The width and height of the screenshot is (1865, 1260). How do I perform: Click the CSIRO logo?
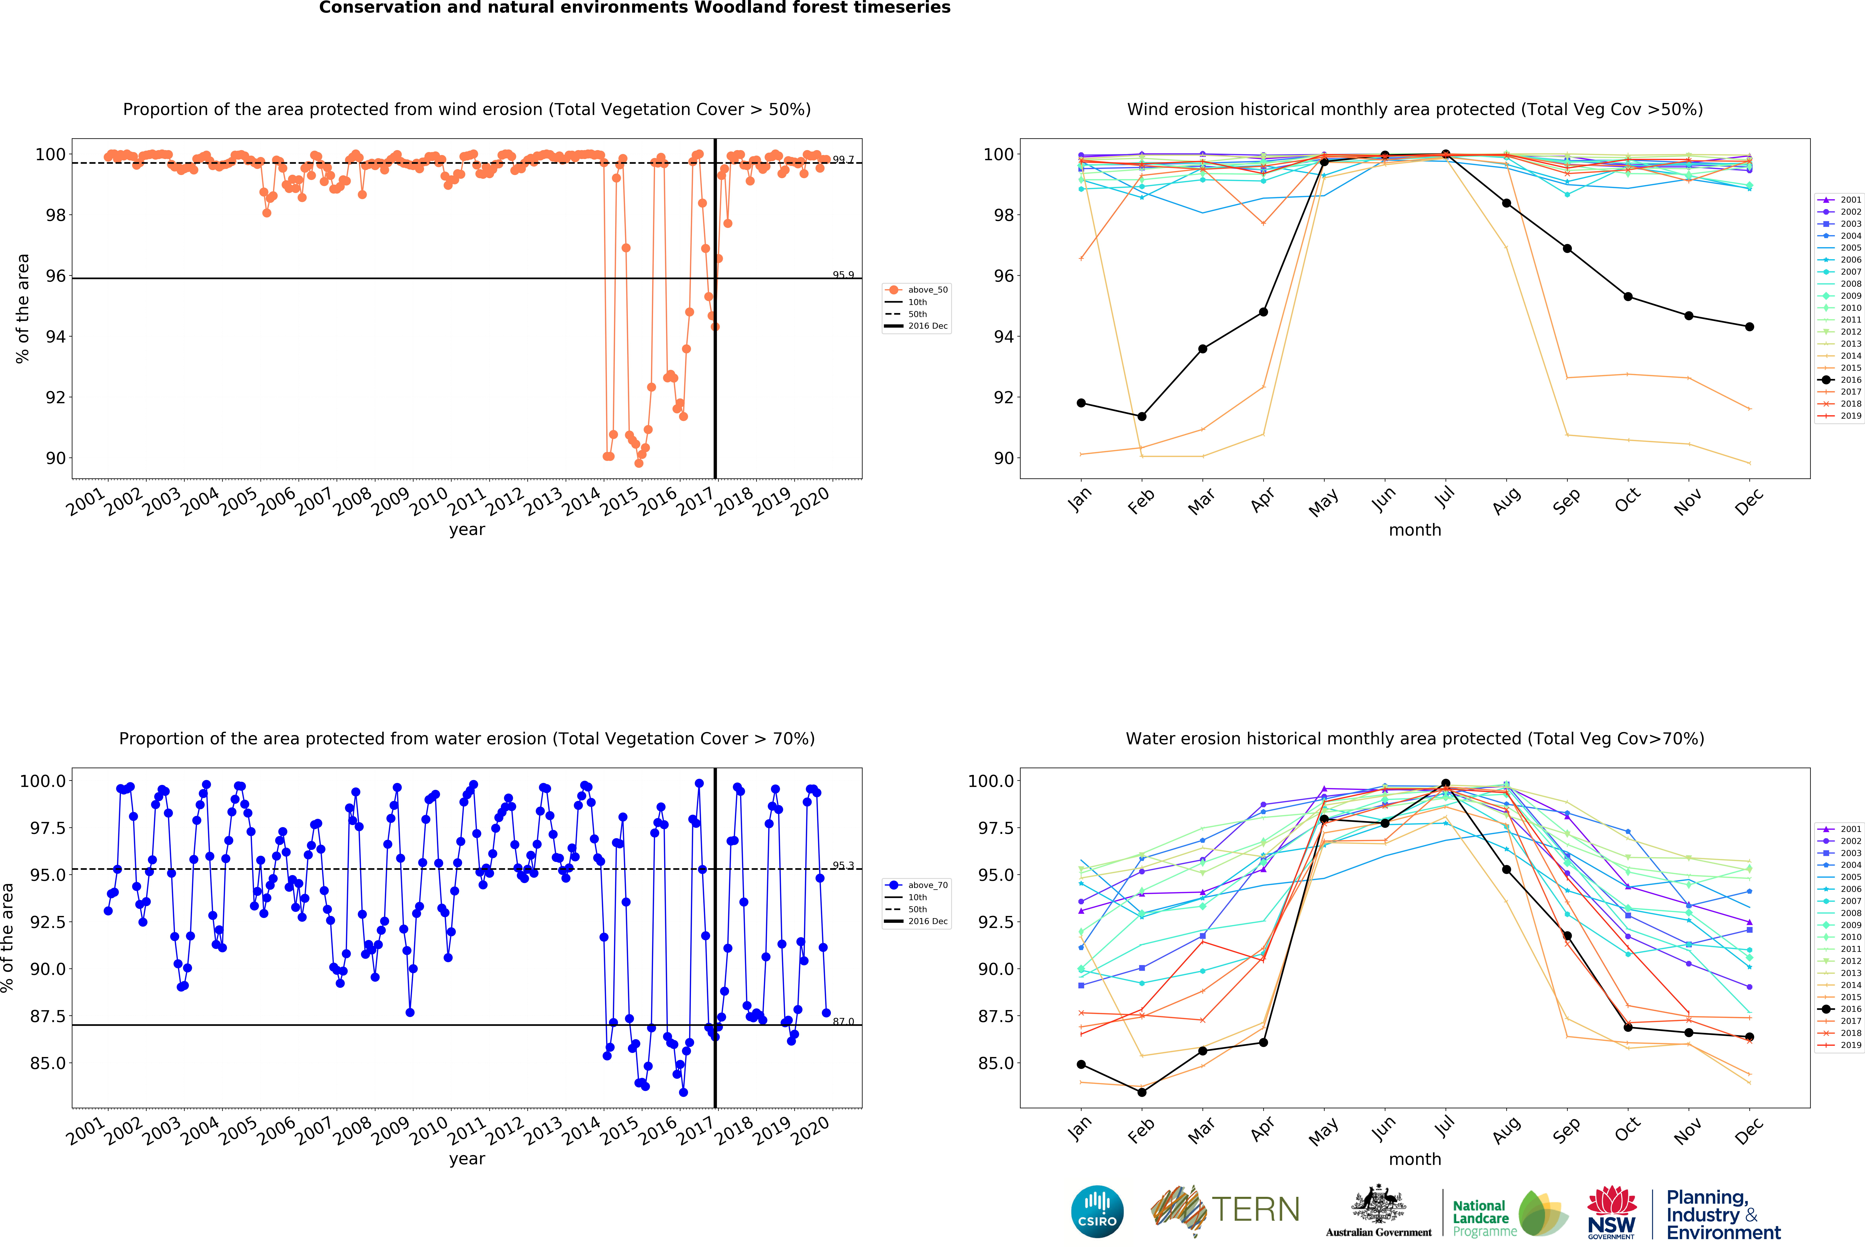[1097, 1211]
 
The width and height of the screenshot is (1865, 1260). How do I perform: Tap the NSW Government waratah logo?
[1611, 1212]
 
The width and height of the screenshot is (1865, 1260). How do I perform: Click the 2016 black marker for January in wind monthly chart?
[1081, 403]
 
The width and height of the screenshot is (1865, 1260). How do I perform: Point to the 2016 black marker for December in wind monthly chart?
[1749, 327]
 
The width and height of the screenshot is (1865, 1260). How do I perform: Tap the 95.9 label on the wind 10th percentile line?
[843, 274]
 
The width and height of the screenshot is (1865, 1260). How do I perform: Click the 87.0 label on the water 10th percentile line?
[843, 1022]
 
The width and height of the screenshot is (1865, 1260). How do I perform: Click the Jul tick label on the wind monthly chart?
[1444, 499]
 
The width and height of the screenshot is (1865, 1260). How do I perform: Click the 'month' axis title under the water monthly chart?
[1415, 1159]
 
